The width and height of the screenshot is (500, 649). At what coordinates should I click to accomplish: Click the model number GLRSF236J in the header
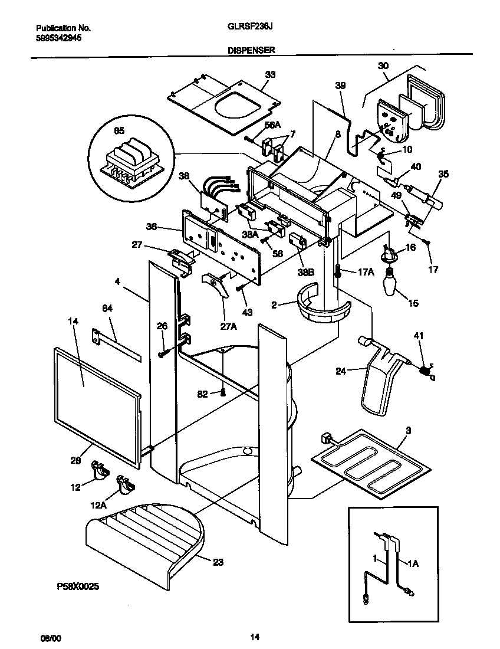point(245,27)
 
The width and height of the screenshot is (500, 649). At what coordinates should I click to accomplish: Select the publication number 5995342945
point(59,37)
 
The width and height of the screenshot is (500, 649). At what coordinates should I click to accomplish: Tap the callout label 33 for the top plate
point(270,75)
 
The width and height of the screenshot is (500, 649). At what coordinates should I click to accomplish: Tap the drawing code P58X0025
point(77,588)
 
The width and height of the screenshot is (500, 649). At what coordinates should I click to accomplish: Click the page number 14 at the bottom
point(255,637)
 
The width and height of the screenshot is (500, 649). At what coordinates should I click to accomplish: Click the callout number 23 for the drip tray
point(218,562)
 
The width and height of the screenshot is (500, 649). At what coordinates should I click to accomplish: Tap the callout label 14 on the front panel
point(73,322)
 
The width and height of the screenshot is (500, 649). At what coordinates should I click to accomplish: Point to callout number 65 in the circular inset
point(119,131)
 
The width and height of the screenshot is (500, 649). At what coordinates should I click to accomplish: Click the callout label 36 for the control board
point(152,226)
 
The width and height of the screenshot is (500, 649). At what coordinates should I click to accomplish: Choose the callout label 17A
point(366,272)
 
